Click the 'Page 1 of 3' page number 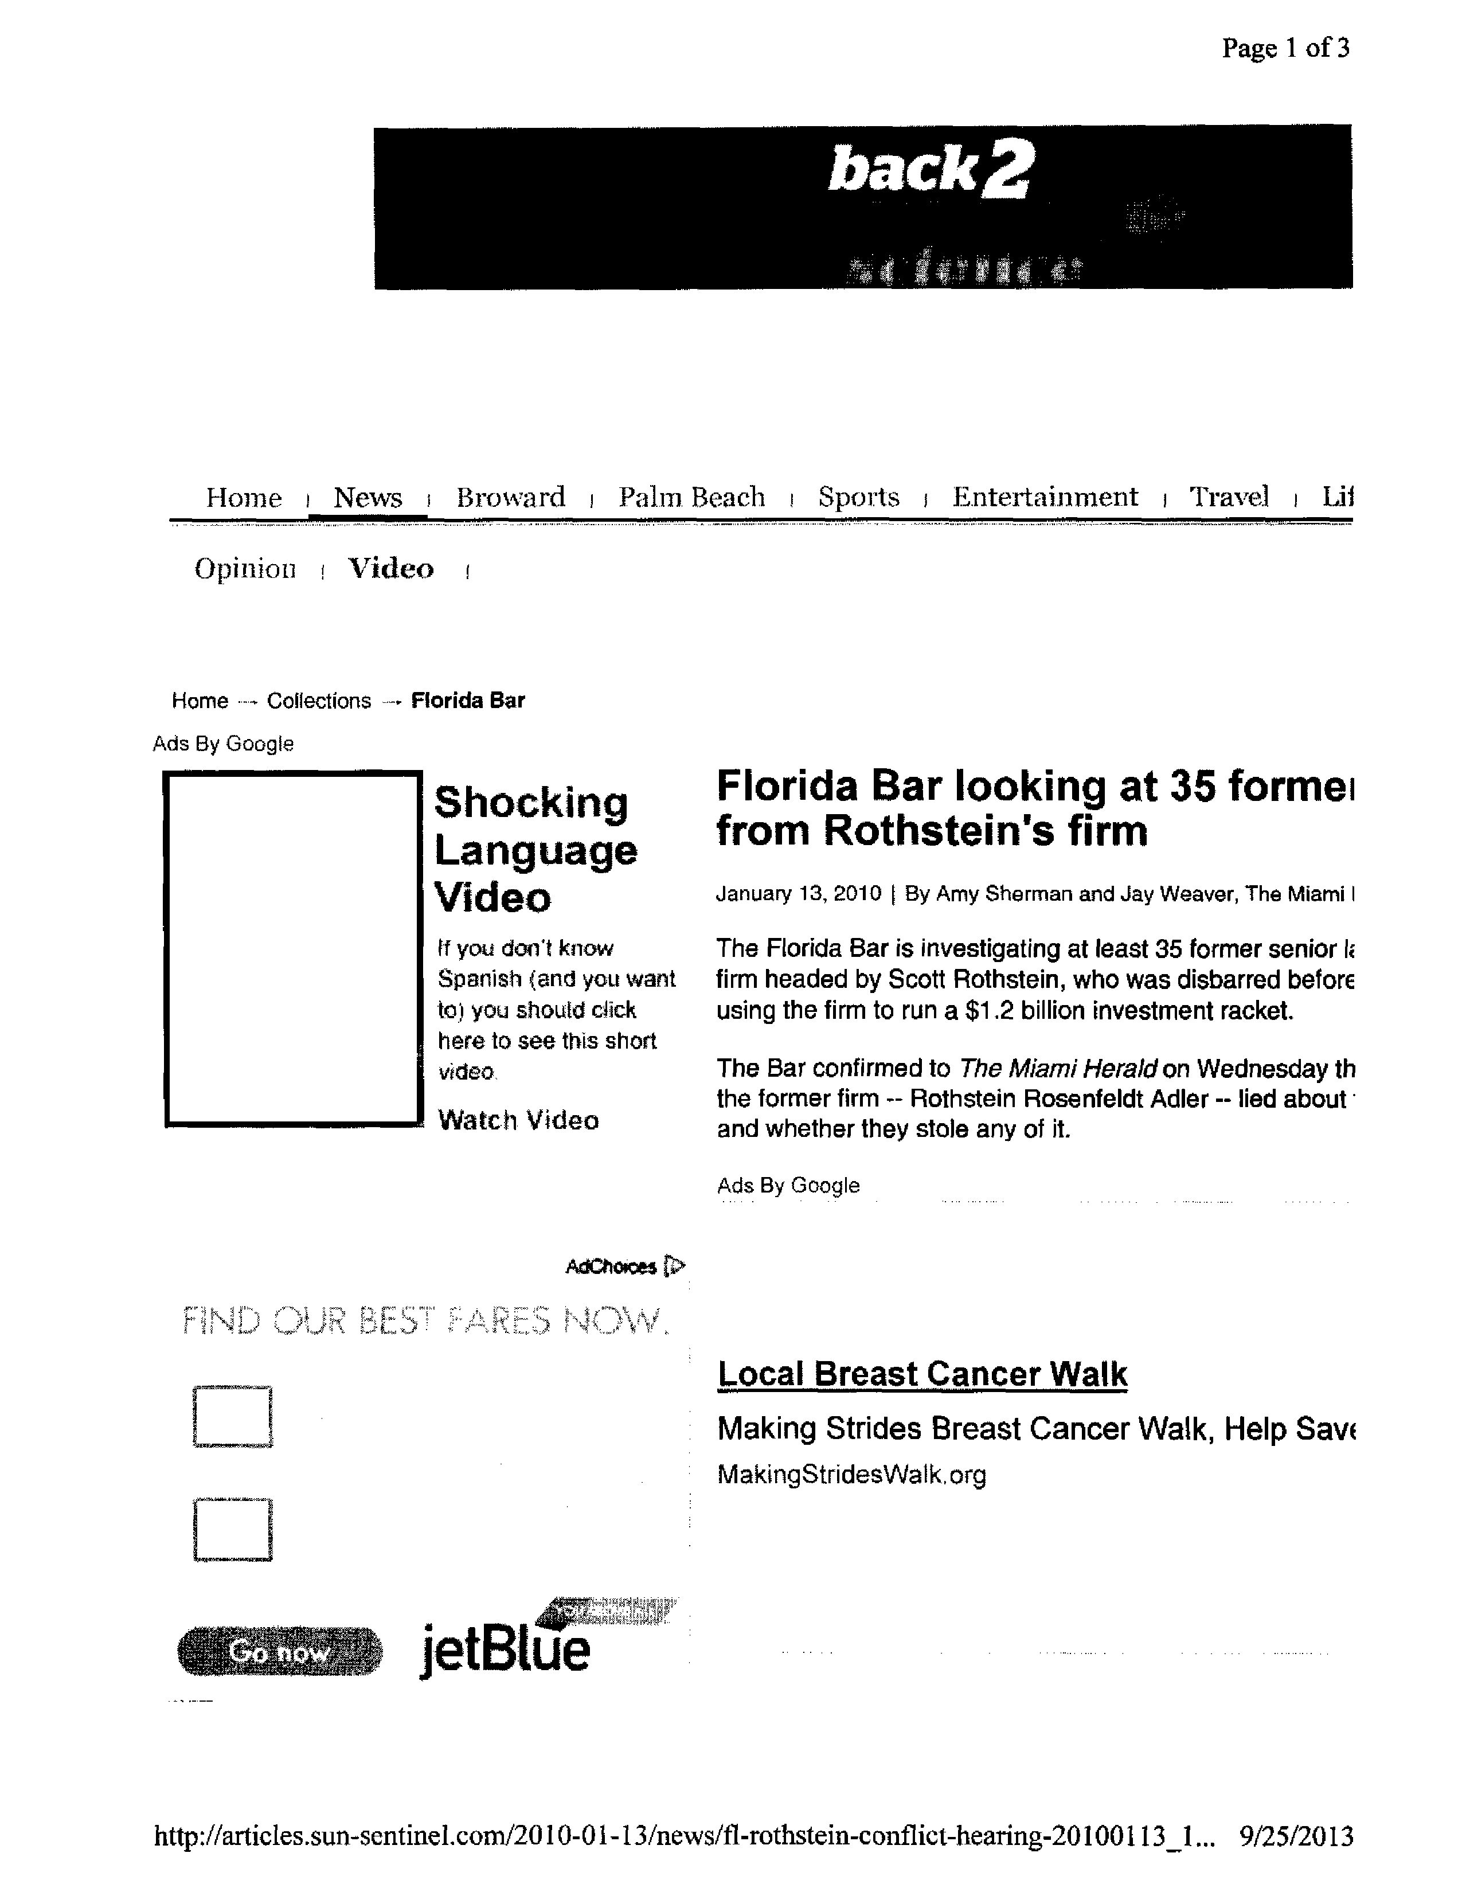point(1285,49)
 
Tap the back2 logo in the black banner point(929,169)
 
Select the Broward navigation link point(510,497)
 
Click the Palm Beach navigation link point(691,497)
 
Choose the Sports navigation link point(858,497)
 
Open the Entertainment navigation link point(1045,497)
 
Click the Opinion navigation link point(245,569)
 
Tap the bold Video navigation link point(390,569)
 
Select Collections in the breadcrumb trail point(319,701)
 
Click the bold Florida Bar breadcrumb point(468,701)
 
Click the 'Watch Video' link point(518,1120)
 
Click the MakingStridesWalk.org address point(851,1475)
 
